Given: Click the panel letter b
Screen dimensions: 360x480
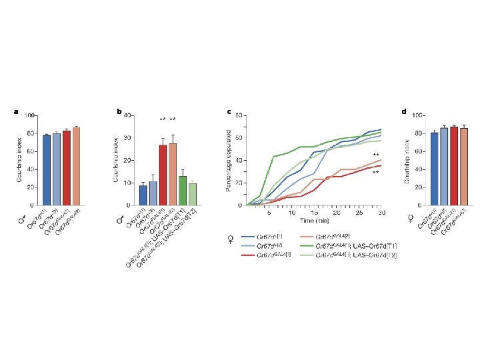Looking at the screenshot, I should point(119,111).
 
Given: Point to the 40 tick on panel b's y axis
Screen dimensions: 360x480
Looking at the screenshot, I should point(129,115).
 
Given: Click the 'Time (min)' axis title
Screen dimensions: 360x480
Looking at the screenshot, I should point(314,220).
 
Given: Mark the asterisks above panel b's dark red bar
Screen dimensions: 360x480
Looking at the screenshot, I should point(162,119).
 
